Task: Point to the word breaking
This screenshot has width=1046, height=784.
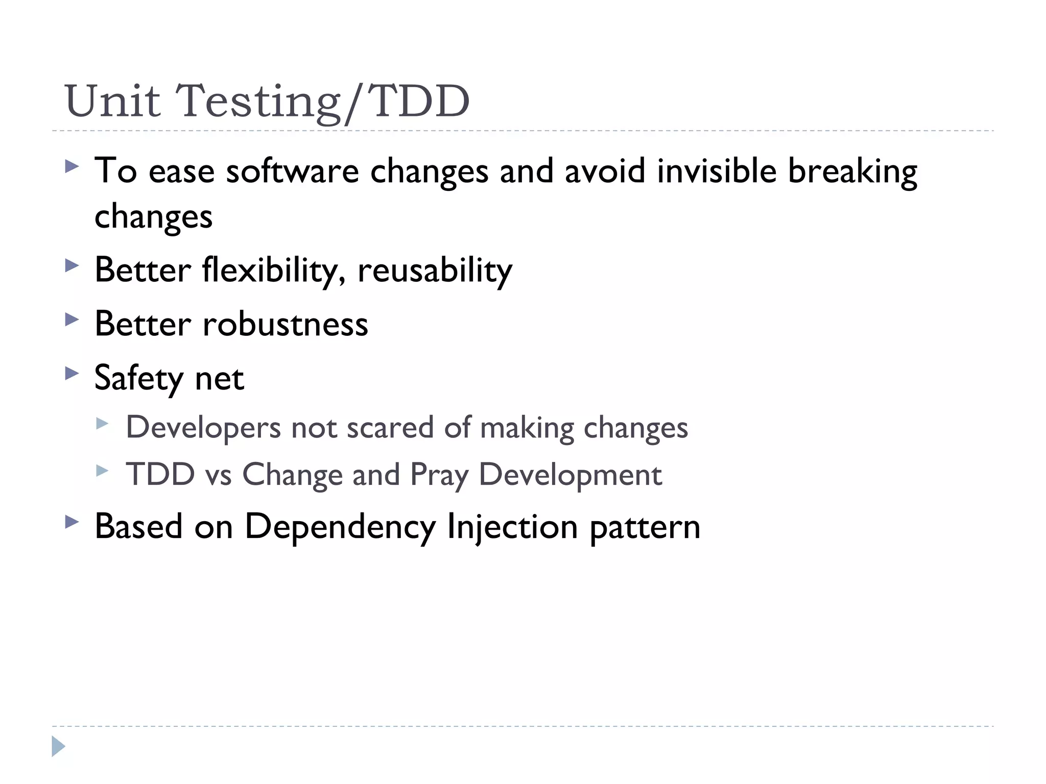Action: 852,172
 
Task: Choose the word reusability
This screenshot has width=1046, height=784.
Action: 435,271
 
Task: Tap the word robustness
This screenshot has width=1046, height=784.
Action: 285,324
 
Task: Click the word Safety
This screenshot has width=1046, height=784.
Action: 139,379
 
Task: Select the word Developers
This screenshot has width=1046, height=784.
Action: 203,428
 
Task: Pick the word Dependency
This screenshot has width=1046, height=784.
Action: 340,527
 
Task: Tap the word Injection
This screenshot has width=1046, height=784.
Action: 512,527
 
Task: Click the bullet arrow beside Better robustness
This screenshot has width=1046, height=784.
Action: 72,320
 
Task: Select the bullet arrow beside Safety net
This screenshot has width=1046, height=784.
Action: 72,374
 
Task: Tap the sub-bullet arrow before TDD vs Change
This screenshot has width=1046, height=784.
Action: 102,471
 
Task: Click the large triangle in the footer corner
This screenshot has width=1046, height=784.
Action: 58,747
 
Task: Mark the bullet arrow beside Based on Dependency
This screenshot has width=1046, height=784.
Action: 72,522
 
